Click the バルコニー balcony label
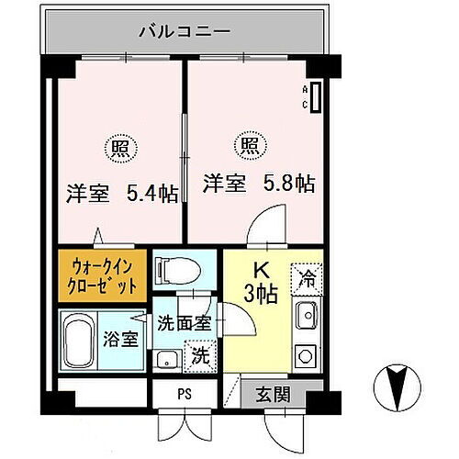184,30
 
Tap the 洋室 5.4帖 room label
121,194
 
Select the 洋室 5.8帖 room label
259,183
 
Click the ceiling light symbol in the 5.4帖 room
121,146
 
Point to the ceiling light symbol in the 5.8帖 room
250,144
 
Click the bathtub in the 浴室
84,339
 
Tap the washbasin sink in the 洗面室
166,358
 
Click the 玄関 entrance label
273,395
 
